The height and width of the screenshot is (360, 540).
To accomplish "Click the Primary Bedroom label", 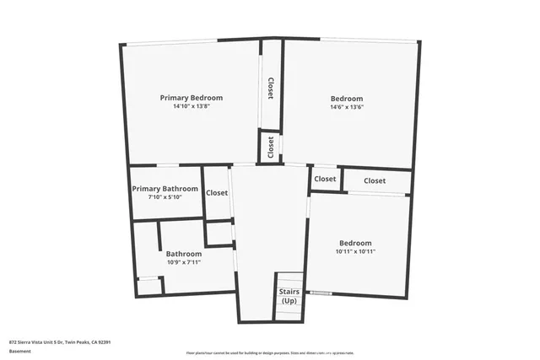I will [x=192, y=98].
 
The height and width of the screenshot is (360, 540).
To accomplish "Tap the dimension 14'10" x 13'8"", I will [x=192, y=106].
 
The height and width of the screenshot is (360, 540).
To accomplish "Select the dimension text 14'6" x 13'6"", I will [x=346, y=107].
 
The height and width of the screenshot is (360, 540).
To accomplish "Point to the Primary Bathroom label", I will [x=165, y=189].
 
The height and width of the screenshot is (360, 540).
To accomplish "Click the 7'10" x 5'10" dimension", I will [x=165, y=197].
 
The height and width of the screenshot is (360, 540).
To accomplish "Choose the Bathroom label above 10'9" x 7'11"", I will [x=183, y=254].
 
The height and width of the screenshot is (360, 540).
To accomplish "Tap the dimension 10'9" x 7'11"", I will [x=183, y=262].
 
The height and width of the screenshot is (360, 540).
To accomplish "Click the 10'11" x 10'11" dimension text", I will [x=354, y=251].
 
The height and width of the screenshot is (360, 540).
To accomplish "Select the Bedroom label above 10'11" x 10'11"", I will [x=354, y=243].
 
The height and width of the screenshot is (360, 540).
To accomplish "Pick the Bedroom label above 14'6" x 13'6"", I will [x=346, y=99].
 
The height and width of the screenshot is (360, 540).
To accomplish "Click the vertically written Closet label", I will [x=271, y=88].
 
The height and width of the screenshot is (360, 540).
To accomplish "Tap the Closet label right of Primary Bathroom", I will [x=217, y=192].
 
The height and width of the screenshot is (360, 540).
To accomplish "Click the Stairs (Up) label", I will [x=289, y=296].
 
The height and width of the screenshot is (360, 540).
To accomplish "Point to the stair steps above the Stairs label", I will [x=289, y=280].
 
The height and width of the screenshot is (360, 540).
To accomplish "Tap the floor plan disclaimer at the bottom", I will [x=270, y=353].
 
